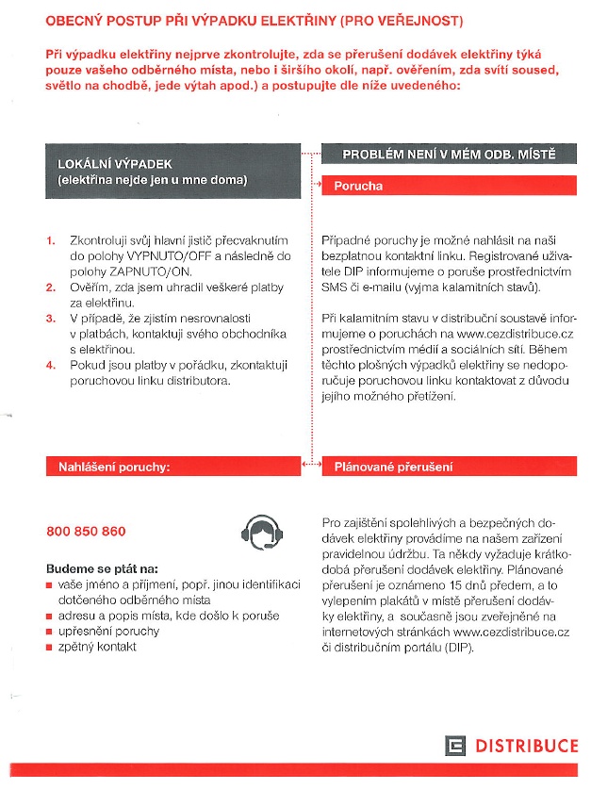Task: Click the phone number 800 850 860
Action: coord(86,532)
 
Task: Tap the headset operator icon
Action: coord(261,533)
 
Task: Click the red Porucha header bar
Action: coord(448,186)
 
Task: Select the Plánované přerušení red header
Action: coord(448,467)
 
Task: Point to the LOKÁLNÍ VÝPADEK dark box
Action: coord(174,172)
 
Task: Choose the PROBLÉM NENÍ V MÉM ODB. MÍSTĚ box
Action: coord(448,154)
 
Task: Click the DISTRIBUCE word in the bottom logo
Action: coord(526,747)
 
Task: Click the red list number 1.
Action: coord(51,241)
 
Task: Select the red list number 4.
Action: coord(51,366)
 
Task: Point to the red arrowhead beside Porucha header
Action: coord(316,187)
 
